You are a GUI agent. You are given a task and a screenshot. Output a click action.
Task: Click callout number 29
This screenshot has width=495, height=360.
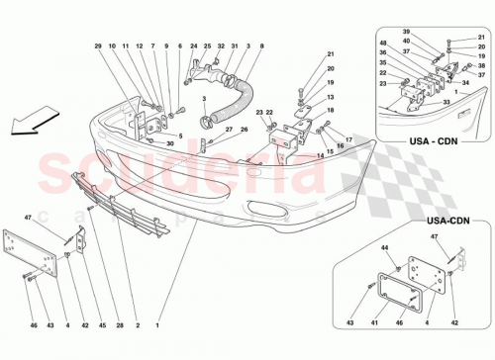(100, 46)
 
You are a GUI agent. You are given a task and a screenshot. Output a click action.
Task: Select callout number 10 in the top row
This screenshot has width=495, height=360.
(113, 46)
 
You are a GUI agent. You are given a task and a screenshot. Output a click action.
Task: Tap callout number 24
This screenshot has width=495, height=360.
(194, 46)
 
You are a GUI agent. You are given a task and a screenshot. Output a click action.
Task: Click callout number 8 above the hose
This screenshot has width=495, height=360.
(261, 46)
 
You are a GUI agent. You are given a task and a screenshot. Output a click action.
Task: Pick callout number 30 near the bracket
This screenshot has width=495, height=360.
(170, 144)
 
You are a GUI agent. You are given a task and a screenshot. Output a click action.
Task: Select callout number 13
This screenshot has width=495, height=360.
(332, 98)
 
